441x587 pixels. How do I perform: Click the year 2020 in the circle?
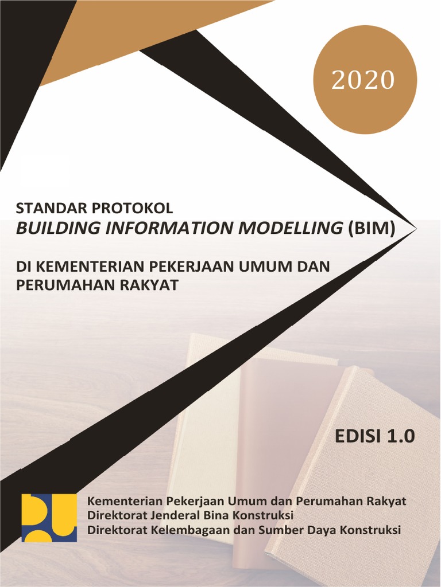[363, 81]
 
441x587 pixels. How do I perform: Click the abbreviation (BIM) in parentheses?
[372, 228]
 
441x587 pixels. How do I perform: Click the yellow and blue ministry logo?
[49, 518]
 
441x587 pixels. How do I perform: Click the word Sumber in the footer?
[281, 530]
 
